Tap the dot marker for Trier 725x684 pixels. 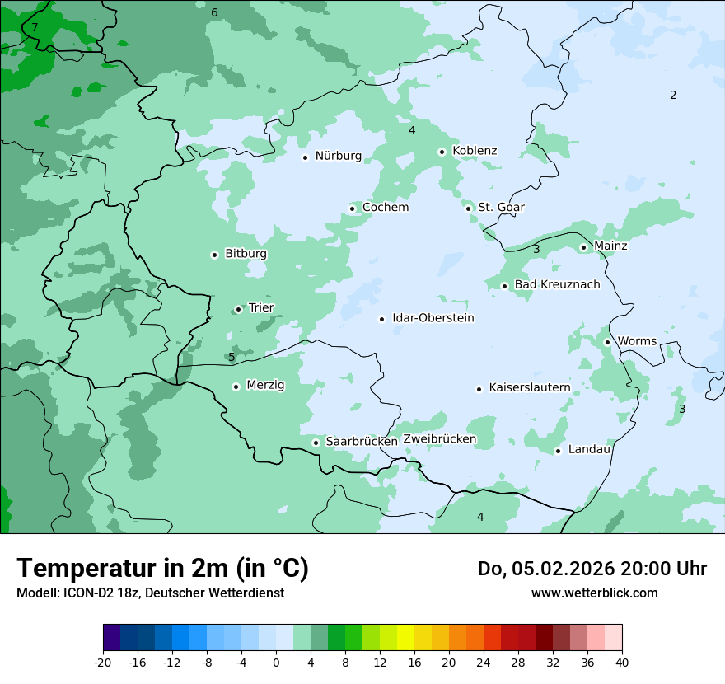pyautogui.click(x=239, y=309)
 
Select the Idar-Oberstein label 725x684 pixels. pyautogui.click(x=433, y=318)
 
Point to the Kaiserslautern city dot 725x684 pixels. pyautogui.click(x=479, y=389)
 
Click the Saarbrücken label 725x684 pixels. pyautogui.click(x=362, y=442)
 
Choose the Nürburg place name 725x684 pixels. pyautogui.click(x=338, y=156)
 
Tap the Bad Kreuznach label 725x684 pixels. pyautogui.click(x=557, y=284)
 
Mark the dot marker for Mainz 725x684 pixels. pyautogui.click(x=583, y=247)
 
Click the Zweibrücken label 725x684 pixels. pyautogui.click(x=439, y=438)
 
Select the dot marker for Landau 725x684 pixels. pyautogui.click(x=558, y=450)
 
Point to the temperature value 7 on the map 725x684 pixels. pyautogui.click(x=35, y=27)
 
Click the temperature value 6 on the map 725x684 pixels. pyautogui.click(x=214, y=12)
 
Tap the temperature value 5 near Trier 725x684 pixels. pyautogui.click(x=232, y=357)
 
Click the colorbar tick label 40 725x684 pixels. pyautogui.click(x=622, y=663)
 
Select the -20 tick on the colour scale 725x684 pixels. pyautogui.click(x=103, y=663)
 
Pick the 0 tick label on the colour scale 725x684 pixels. pyautogui.click(x=276, y=663)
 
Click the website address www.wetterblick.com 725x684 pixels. pyautogui.click(x=594, y=593)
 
